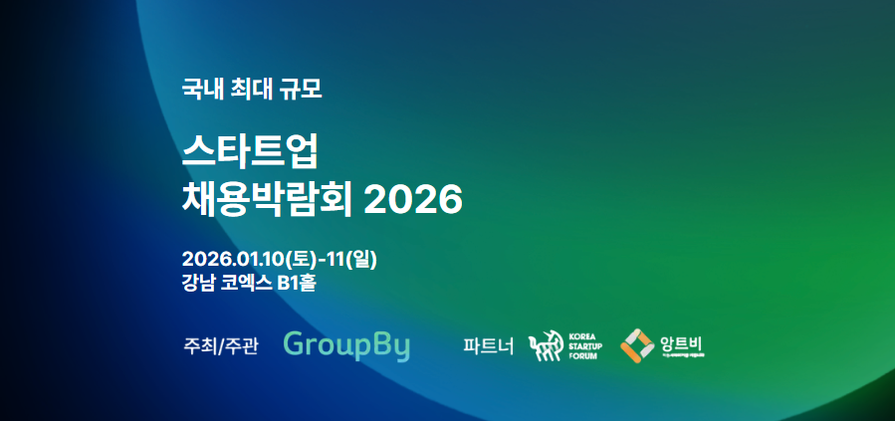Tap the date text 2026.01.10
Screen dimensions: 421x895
[x=234, y=259]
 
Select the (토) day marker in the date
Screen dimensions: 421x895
[x=300, y=259]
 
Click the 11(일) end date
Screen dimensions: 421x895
[x=349, y=259]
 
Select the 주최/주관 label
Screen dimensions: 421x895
[x=221, y=346]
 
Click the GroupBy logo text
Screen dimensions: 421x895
[x=346, y=345]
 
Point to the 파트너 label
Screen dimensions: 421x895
[x=489, y=346]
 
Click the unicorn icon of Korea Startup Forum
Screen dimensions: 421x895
[x=545, y=346]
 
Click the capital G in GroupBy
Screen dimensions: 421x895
[x=296, y=344]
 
